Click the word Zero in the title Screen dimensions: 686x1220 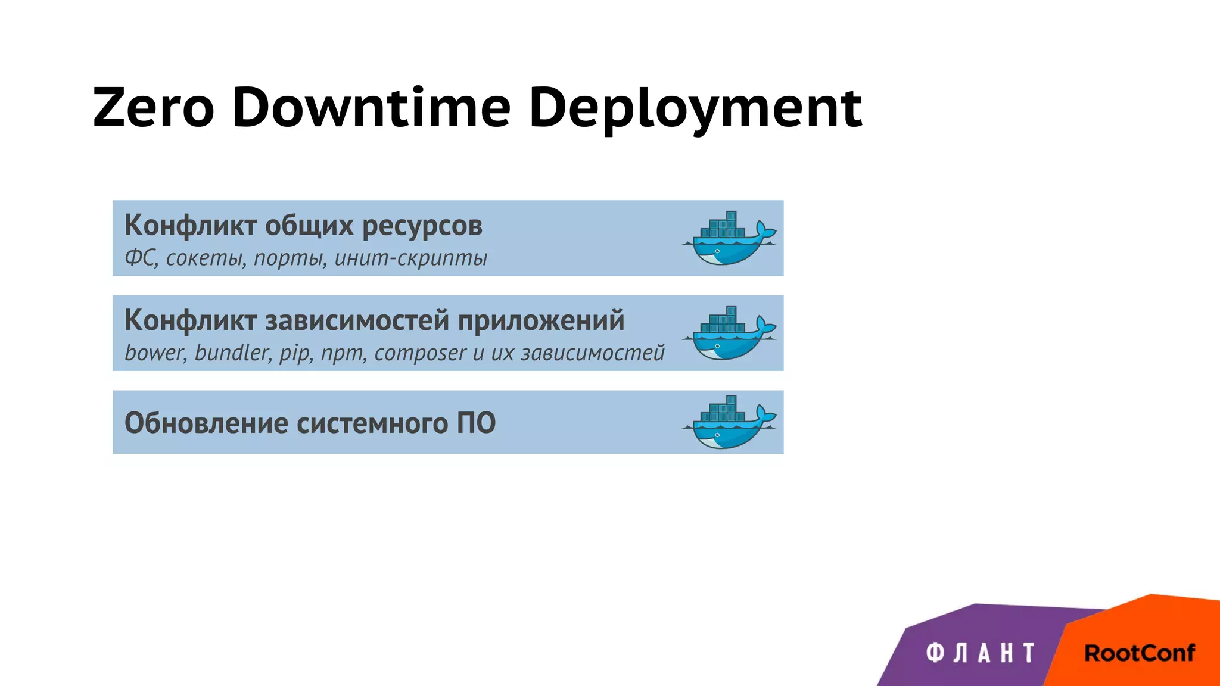(153, 108)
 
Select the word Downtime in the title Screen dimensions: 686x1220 (371, 108)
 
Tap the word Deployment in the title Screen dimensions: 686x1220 (695, 109)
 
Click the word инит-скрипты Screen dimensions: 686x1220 (410, 258)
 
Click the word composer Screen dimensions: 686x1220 (420, 353)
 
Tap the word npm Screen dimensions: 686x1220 (344, 354)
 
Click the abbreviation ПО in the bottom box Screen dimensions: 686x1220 (476, 423)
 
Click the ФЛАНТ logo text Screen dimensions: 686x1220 (980, 653)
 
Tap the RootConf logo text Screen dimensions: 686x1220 (1139, 653)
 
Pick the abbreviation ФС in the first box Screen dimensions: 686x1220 (141, 258)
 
